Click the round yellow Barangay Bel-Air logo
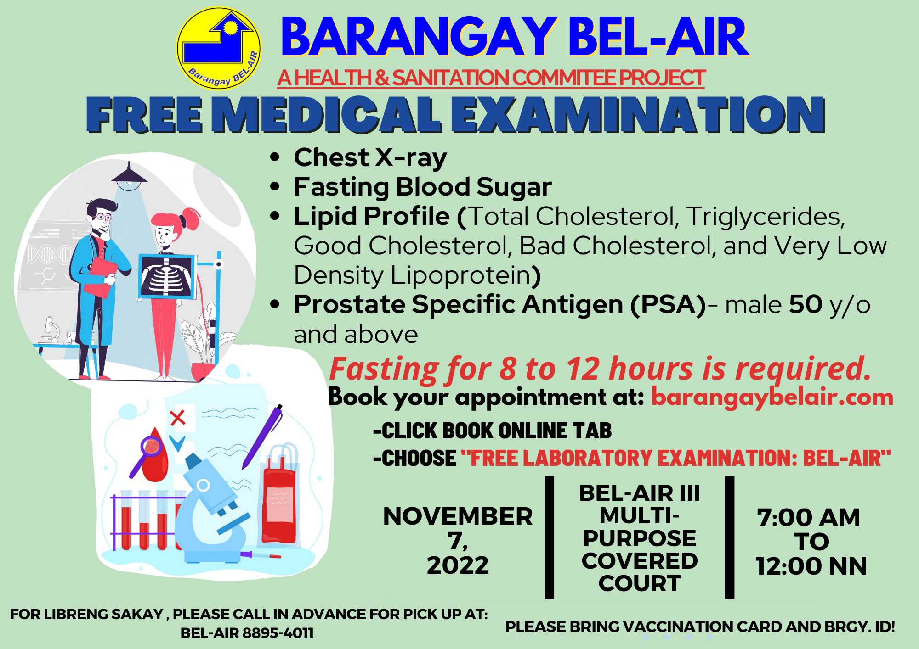(x=219, y=48)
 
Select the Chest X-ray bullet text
(x=370, y=157)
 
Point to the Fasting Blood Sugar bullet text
(x=423, y=187)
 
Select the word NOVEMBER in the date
(x=458, y=516)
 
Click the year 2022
(x=458, y=565)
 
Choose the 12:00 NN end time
(x=811, y=566)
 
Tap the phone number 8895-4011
(x=278, y=633)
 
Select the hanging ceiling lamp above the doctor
(x=129, y=176)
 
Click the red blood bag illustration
(x=279, y=498)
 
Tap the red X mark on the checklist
(x=177, y=418)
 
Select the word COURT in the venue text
(x=640, y=583)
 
